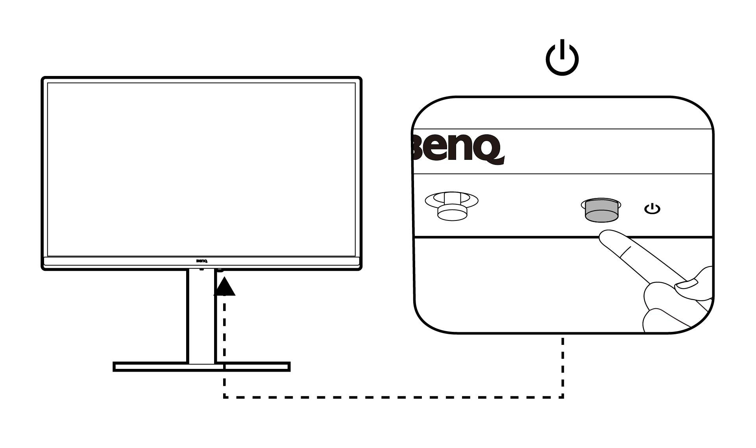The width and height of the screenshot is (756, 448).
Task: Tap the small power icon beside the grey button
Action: pyautogui.click(x=652, y=209)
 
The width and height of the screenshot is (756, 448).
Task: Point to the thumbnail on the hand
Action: pyautogui.click(x=687, y=284)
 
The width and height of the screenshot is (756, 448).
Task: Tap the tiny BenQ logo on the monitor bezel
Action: pyautogui.click(x=202, y=260)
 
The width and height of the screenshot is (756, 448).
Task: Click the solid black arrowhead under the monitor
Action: pyautogui.click(x=224, y=287)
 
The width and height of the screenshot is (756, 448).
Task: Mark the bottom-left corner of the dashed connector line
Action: pyautogui.click(x=224, y=397)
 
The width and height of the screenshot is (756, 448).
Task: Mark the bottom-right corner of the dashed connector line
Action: pyautogui.click(x=563, y=397)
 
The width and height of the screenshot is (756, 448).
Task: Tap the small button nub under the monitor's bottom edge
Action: pyautogui.click(x=220, y=270)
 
